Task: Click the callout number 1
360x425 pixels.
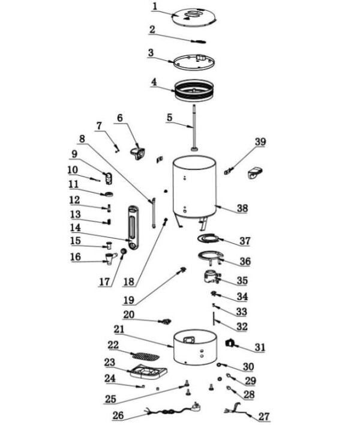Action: [x=155, y=7]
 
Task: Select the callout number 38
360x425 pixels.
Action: [x=242, y=208]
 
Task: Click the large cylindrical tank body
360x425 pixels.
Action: [x=193, y=187]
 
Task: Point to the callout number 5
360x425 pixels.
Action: [x=170, y=118]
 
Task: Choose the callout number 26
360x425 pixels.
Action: [x=118, y=415]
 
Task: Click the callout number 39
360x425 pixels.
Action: [x=259, y=142]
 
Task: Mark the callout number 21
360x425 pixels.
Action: [x=119, y=330]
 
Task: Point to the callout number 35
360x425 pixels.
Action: [x=242, y=280]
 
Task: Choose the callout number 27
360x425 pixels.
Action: [x=264, y=416]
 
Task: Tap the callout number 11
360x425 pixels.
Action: [x=74, y=184]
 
